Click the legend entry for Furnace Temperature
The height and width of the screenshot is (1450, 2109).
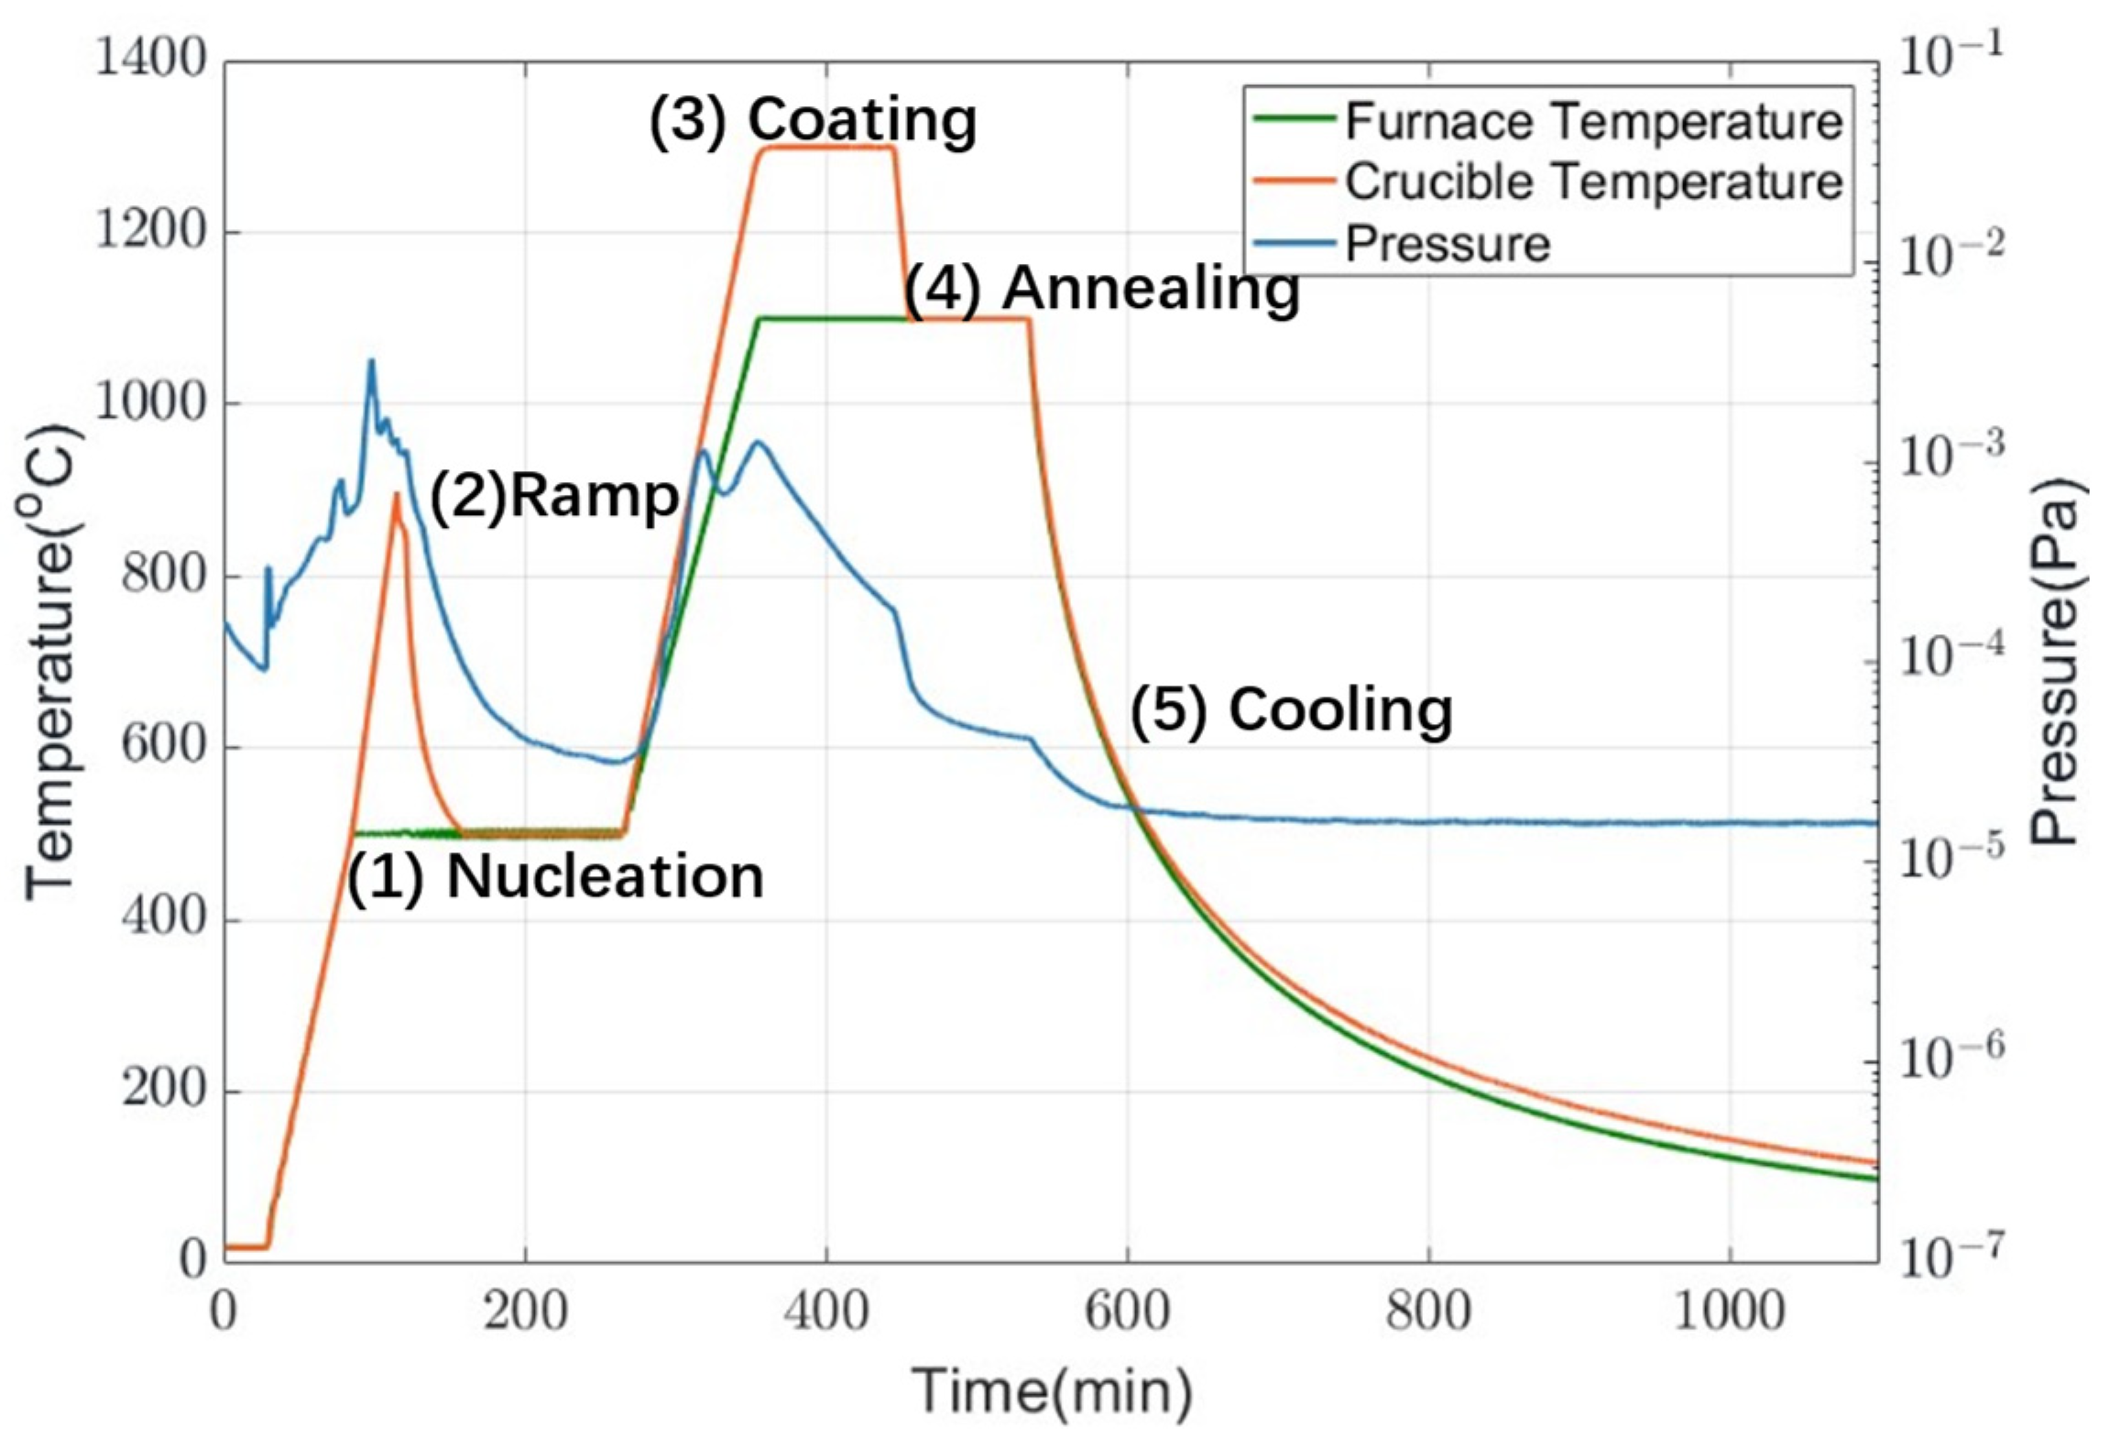1592,122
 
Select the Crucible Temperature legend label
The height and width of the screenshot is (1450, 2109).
1592,182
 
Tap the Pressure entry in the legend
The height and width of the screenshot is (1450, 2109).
1447,244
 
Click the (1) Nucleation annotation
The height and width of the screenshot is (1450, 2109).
555,877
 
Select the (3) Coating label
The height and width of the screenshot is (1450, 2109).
813,120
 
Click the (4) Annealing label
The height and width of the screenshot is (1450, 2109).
1103,289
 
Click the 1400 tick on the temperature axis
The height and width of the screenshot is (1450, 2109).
151,60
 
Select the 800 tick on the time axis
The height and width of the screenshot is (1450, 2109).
1428,1312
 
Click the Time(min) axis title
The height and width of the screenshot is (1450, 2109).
1053,1391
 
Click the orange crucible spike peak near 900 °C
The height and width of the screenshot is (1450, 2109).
397,494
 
